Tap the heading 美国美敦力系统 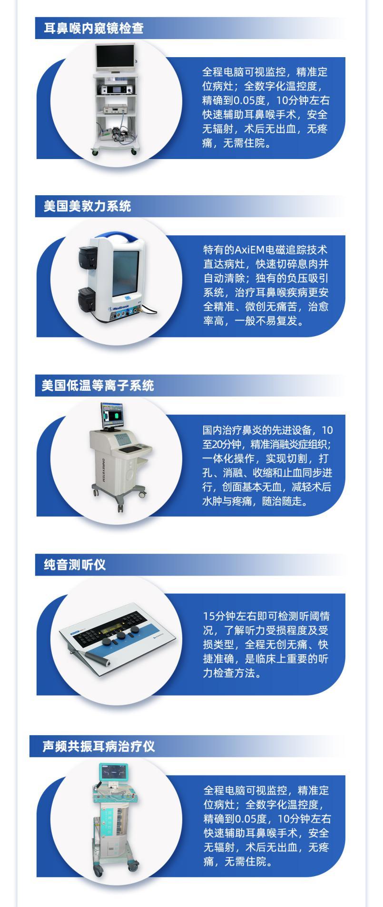click(87, 206)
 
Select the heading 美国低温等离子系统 click(98, 385)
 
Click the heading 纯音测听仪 click(75, 565)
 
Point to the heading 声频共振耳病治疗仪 click(99, 746)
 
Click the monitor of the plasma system click(113, 416)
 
